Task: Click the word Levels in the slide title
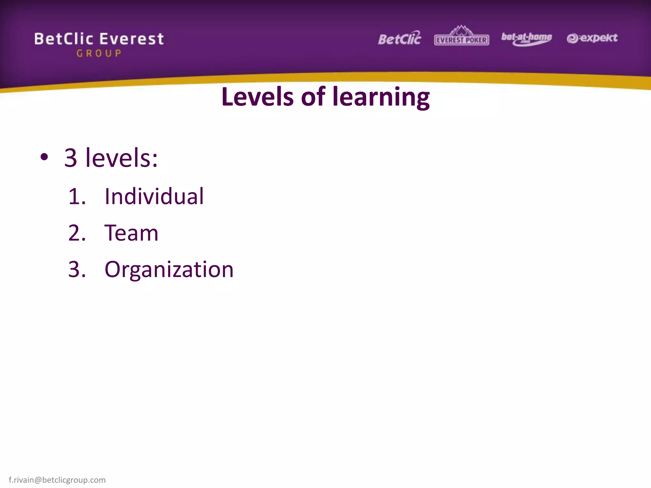pos(257,97)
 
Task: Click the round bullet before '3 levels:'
pos(44,157)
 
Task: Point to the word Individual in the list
pos(154,196)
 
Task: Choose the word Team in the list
pos(131,233)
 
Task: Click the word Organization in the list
pos(169,270)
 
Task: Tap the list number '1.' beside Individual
pos(77,196)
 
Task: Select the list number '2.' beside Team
pos(77,233)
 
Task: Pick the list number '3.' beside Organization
pos(77,269)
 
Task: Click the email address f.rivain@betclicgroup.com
pos(57,480)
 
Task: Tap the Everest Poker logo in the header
pos(462,36)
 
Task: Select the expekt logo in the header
pos(592,38)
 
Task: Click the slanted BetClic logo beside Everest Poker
pos(400,38)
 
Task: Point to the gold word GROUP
pos(99,53)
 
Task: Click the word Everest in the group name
pos(132,39)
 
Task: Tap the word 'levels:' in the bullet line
pos(121,158)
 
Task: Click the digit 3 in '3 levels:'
pos(71,158)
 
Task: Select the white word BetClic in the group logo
pos(64,39)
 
